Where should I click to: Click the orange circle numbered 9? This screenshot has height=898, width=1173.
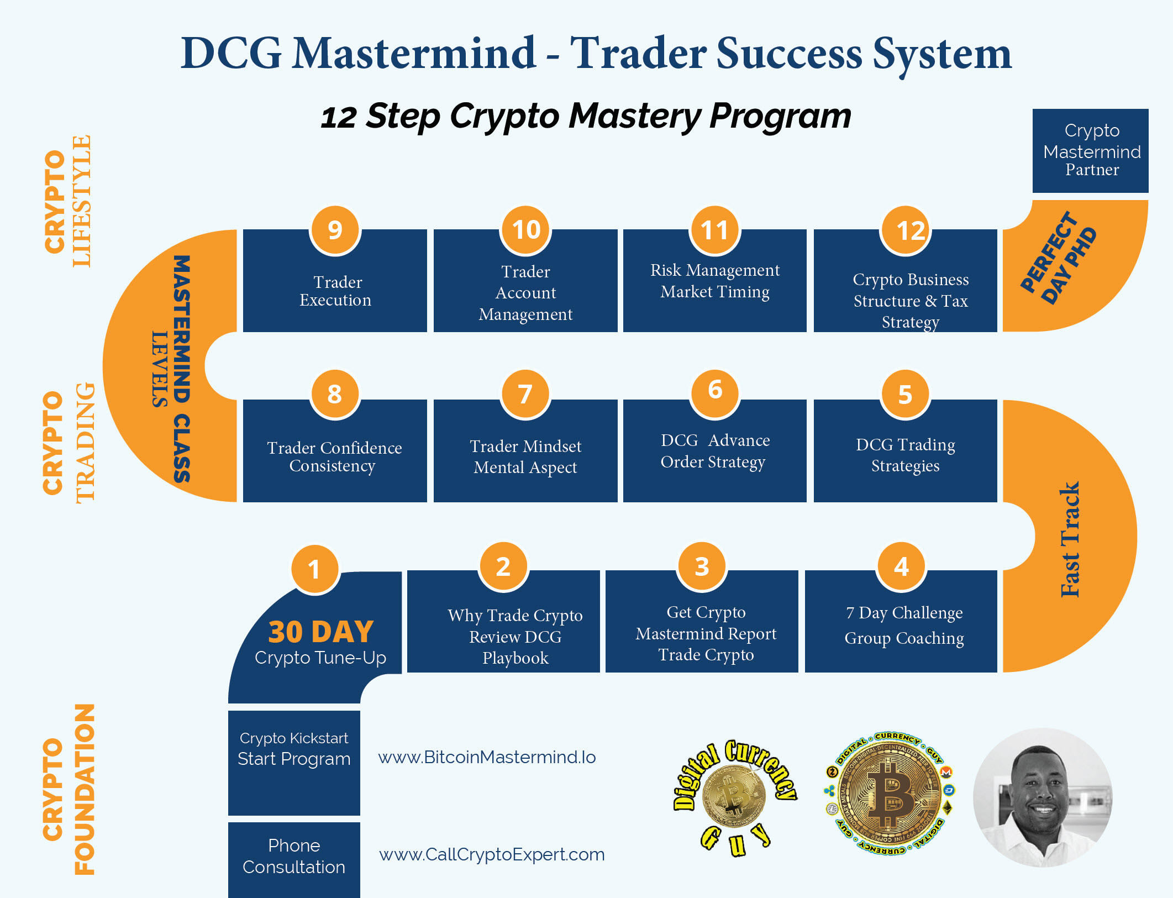coord(335,230)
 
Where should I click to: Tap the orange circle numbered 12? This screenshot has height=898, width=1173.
coord(905,230)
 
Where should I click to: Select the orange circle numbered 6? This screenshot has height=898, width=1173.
coord(715,391)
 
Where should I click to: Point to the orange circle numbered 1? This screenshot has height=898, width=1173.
coord(314,569)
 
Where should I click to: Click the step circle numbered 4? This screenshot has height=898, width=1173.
coord(901,566)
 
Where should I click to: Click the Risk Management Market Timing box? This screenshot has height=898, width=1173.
coord(715,282)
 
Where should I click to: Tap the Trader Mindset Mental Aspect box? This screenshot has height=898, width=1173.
coord(525,453)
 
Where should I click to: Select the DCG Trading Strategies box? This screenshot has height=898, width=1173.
coord(905,453)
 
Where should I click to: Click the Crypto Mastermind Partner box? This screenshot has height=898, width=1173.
coord(1091,150)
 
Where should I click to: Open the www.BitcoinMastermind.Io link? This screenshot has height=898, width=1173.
coord(487,757)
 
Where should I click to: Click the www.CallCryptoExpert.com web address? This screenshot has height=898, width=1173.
coord(492,854)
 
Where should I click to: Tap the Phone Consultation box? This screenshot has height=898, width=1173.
coord(294,857)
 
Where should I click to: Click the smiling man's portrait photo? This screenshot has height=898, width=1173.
coord(1042,797)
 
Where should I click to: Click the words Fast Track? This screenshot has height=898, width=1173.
coord(1070,539)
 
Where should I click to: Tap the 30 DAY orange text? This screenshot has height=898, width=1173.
coord(321,632)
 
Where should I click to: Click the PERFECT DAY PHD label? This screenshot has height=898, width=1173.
coord(1058,258)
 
